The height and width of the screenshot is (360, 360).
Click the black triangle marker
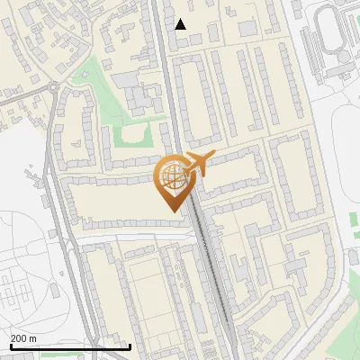pos(181,24)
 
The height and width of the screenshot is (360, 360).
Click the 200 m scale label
pos(23,338)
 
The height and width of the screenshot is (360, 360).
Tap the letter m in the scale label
pos(32,338)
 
